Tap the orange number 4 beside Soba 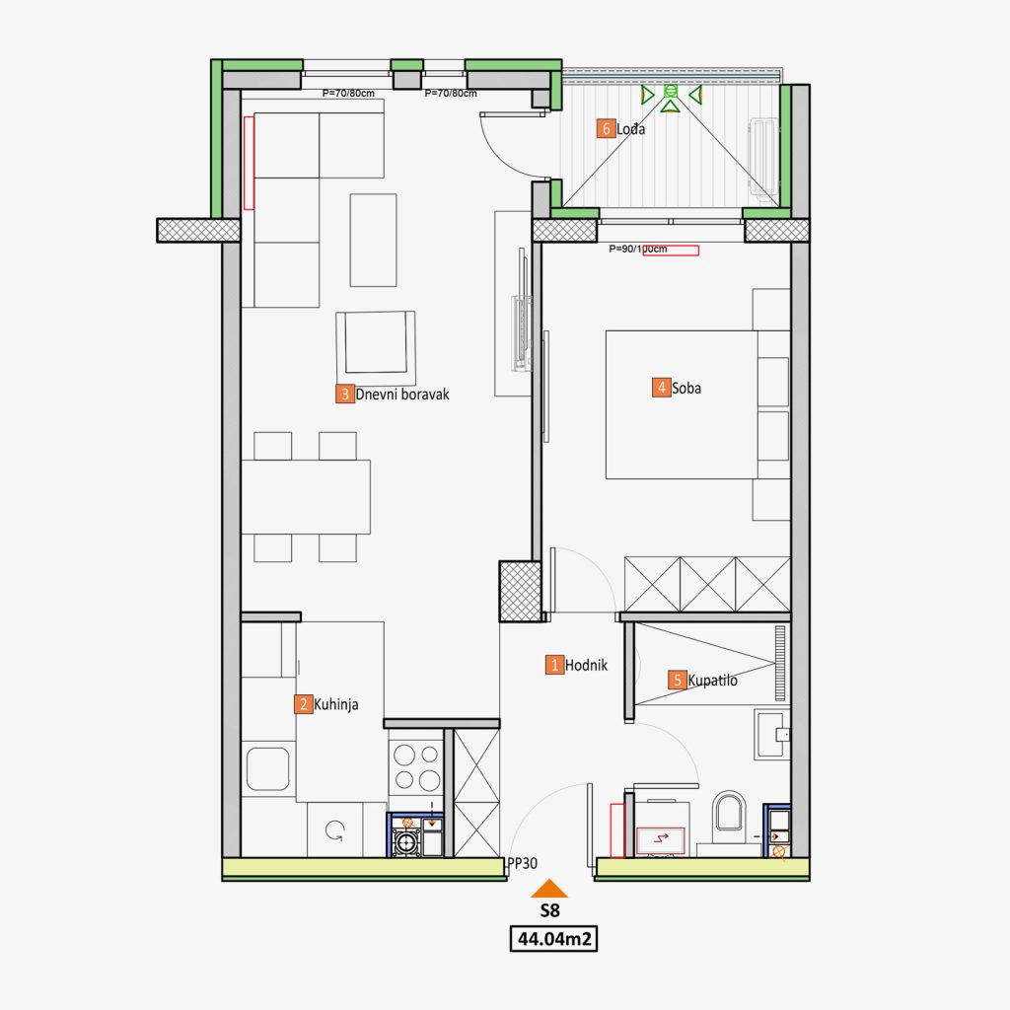661,388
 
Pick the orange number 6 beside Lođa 606,129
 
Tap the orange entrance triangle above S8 549,889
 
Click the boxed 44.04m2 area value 554,939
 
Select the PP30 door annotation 523,863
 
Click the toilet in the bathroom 729,812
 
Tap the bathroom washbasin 771,734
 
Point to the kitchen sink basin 268,768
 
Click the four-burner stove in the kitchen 416,766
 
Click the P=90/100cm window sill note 638,250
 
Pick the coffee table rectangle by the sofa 373,240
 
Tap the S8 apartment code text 549,910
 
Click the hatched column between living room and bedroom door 520,591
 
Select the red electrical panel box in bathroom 660,840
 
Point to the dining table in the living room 306,497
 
